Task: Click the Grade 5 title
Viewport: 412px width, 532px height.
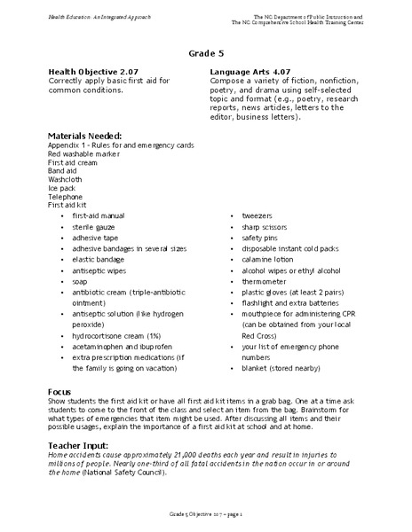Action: tap(206, 53)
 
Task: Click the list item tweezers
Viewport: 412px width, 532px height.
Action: tap(257, 215)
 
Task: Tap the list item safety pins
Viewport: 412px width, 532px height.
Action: tap(261, 239)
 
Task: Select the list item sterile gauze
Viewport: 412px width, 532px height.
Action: tap(92, 227)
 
